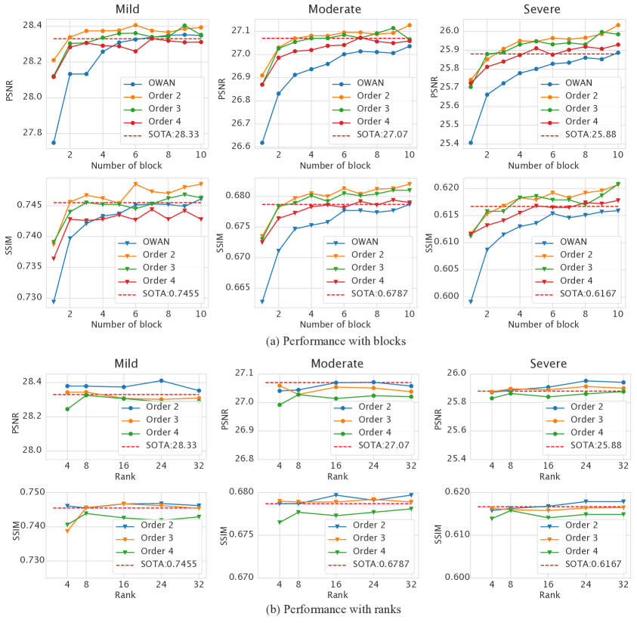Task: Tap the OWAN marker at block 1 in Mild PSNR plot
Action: click(54, 142)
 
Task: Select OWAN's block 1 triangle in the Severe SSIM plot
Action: click(471, 301)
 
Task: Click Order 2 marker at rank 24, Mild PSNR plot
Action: click(161, 380)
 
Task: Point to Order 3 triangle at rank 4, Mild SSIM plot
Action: click(67, 531)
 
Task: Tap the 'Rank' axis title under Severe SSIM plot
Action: click(549, 595)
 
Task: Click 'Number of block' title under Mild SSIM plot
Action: click(126, 324)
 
